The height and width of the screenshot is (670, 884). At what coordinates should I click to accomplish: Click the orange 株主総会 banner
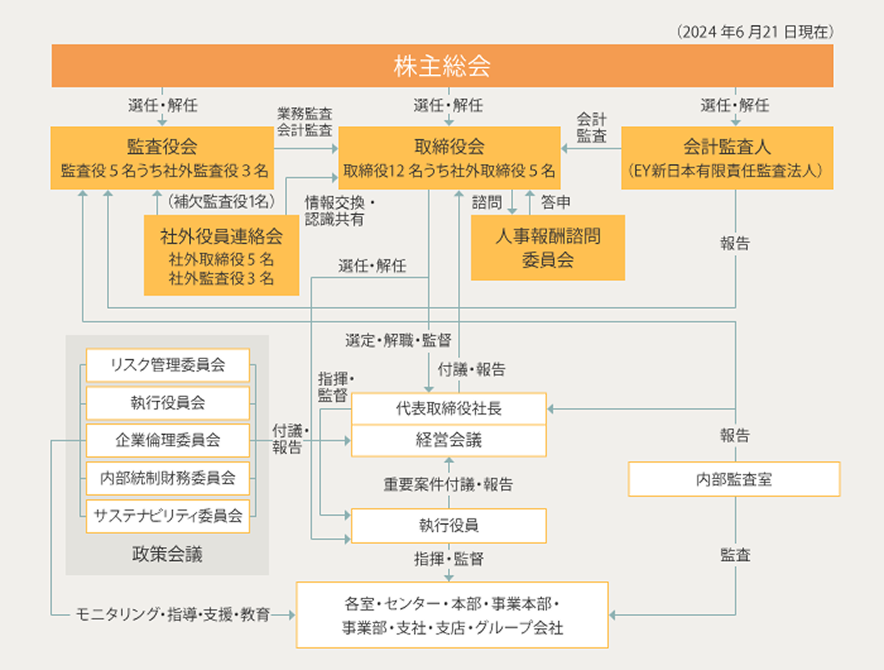442,66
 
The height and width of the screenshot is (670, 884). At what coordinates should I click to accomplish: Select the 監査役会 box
162,158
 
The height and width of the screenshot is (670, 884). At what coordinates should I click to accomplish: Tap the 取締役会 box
449,158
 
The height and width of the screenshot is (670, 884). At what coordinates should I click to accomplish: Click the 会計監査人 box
727,158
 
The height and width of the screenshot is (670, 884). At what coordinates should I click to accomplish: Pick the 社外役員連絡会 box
221,255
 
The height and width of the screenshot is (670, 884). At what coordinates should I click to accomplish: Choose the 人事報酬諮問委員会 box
547,248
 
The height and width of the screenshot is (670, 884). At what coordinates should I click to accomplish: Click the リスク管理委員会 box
167,365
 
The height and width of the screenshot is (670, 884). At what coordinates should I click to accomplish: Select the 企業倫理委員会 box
167,441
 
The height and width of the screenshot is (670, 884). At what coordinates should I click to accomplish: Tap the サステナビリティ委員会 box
167,516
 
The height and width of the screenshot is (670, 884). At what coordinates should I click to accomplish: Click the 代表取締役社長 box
448,409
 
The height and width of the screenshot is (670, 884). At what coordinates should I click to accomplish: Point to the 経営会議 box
448,441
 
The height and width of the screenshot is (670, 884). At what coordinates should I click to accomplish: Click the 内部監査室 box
734,480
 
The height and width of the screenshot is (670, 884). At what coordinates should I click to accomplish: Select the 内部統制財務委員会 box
167,478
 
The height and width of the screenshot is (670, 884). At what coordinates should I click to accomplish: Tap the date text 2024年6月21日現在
755,32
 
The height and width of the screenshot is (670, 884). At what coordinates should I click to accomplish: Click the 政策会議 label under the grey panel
167,554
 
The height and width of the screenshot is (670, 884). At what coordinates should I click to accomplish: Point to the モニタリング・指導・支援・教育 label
172,614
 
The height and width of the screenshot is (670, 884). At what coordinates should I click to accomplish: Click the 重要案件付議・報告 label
448,485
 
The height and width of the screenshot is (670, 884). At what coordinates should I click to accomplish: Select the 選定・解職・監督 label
398,341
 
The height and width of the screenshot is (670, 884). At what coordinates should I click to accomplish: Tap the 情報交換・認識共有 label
338,211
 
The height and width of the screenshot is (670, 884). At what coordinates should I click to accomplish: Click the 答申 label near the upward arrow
556,202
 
